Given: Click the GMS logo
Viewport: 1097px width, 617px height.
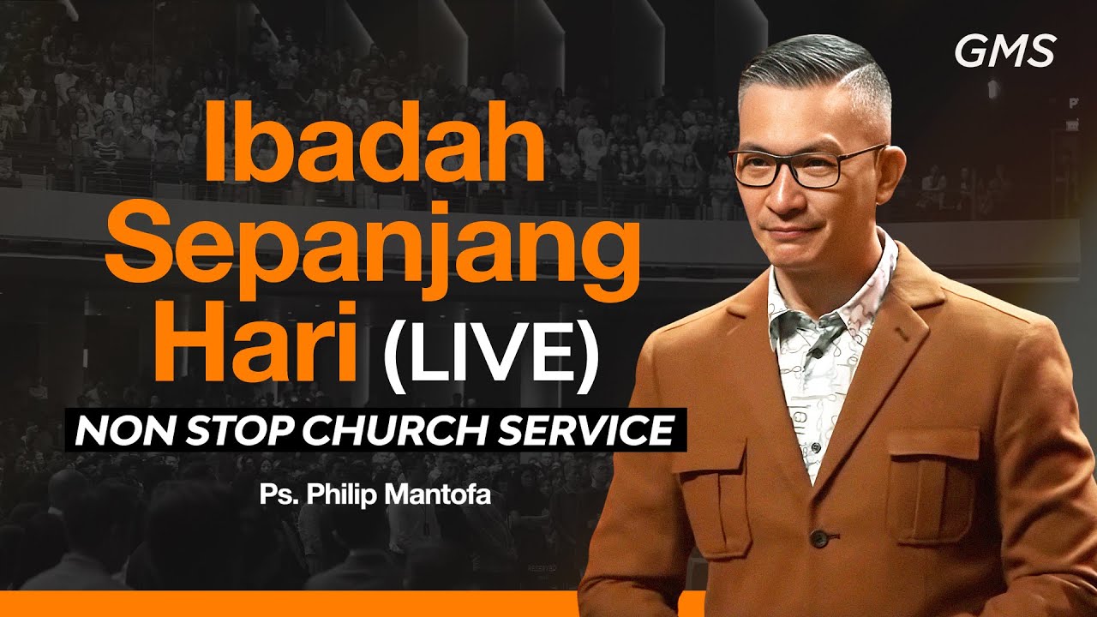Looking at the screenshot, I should click(x=1004, y=52).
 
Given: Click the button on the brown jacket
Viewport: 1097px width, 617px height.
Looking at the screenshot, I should click(x=819, y=538).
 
